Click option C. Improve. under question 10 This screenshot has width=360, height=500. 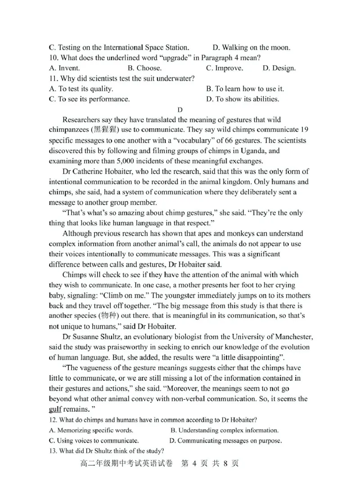point(224,68)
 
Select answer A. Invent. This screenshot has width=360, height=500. point(64,68)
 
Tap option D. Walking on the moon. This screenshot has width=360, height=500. point(251,47)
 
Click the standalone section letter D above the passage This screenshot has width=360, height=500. point(180,109)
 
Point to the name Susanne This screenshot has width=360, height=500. point(90,337)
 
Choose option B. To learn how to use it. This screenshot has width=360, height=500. point(245,89)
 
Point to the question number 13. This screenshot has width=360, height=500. point(53,451)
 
